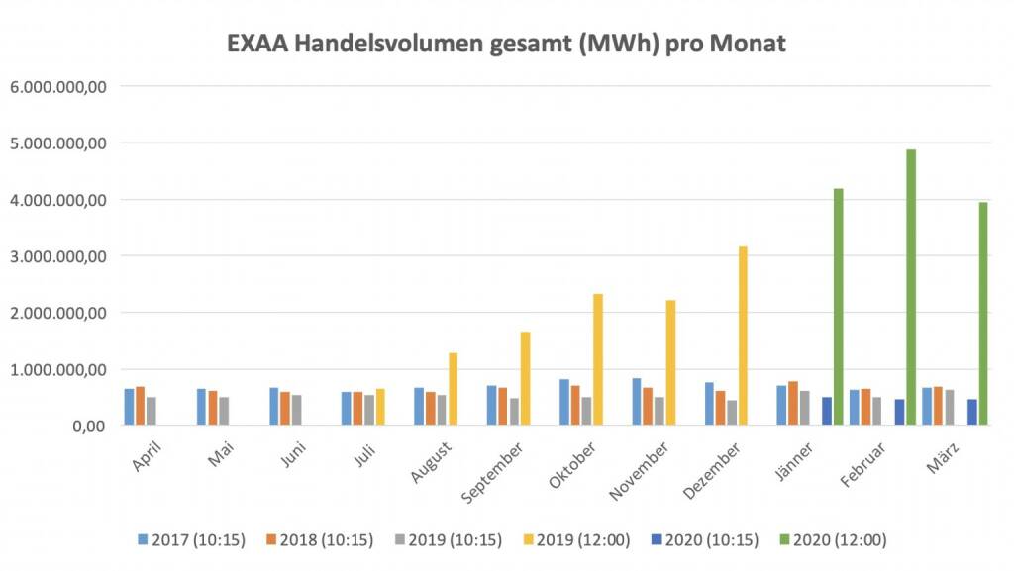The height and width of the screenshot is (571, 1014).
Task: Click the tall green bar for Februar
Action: point(911,287)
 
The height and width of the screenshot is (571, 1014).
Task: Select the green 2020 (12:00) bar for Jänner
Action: point(839,307)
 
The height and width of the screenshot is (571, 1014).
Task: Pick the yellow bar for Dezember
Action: point(743,336)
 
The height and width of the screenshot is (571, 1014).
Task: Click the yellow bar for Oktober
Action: point(597,360)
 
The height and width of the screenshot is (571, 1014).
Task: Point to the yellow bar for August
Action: point(453,389)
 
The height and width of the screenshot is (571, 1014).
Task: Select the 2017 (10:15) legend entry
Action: point(193,540)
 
